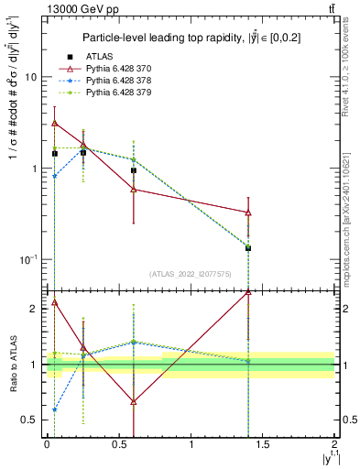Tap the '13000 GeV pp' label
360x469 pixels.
75,9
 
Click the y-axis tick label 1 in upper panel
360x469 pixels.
32,169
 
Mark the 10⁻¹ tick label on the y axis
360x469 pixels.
27,259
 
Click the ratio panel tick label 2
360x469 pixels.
33,310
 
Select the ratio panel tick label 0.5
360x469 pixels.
28,420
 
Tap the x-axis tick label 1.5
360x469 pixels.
263,444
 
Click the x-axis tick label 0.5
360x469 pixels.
118,444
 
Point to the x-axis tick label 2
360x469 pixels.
334,444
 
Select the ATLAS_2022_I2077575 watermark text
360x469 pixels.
190,273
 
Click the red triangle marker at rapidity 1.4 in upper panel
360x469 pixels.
248,213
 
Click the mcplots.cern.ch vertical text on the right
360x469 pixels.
349,220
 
